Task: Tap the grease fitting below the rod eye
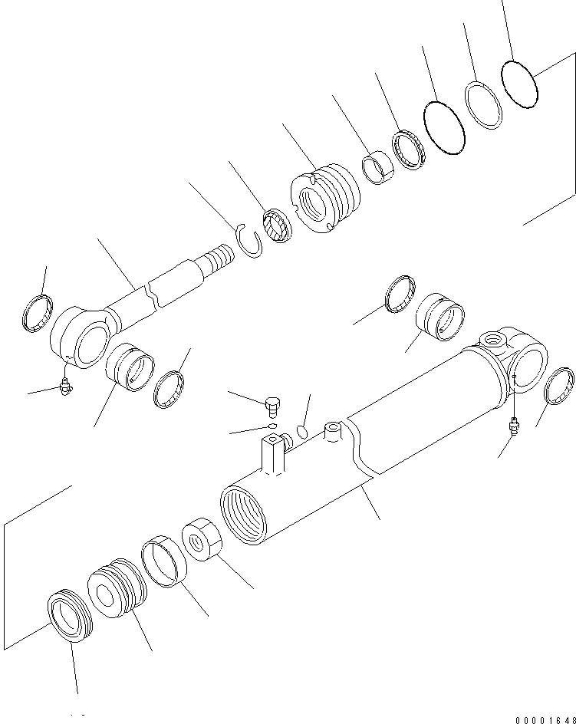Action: tap(65, 386)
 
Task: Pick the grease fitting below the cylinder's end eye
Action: tap(512, 426)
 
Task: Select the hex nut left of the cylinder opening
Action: tap(202, 539)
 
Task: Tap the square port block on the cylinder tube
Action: tap(273, 455)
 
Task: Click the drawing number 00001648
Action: tap(545, 719)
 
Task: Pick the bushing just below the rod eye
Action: tap(130, 367)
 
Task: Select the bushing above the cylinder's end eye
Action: tap(440, 317)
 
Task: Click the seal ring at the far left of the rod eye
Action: tap(38, 314)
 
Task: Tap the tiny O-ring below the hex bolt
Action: tap(272, 426)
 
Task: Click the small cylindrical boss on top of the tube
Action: tap(333, 431)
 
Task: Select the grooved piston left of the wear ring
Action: tap(117, 587)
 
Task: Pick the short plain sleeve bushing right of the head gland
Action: tap(377, 167)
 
